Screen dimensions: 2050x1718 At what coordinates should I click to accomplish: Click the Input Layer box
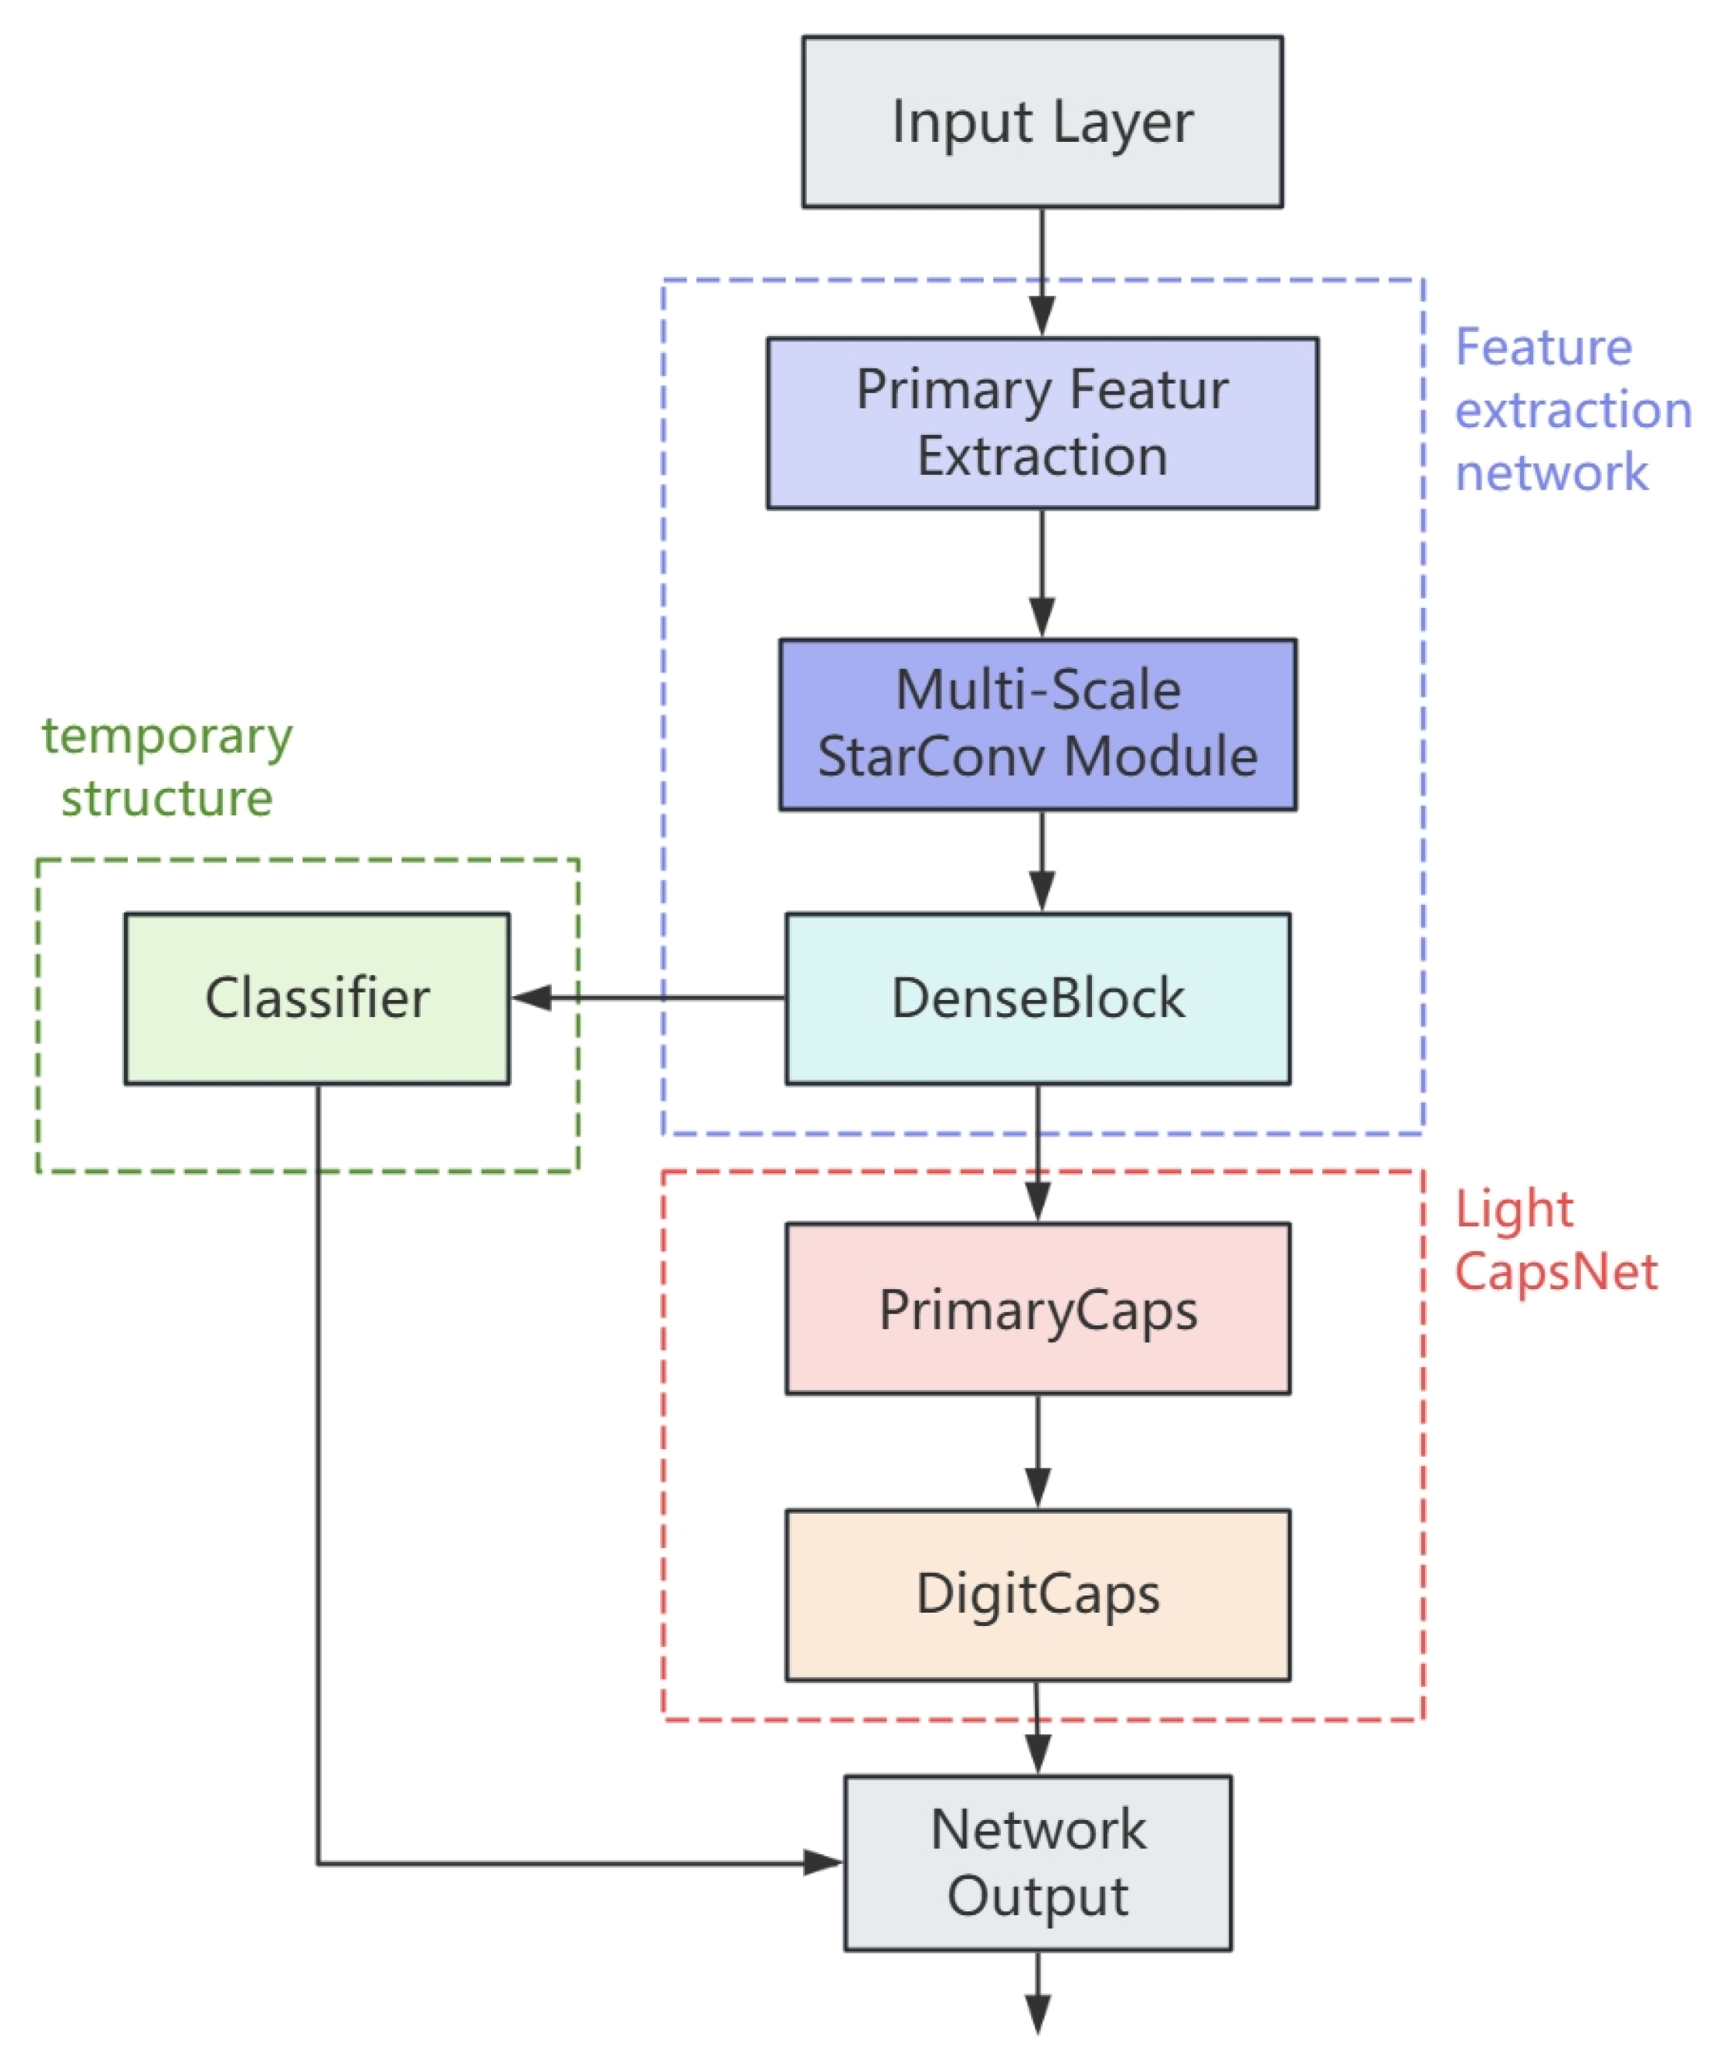1041,122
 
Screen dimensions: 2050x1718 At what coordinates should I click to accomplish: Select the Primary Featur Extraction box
1041,422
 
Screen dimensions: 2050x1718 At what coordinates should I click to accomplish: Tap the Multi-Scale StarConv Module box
1037,724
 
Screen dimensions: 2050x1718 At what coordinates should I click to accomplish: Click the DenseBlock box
1037,998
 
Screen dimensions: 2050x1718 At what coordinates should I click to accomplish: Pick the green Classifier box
316,998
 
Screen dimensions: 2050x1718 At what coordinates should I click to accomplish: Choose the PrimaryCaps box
1037,1308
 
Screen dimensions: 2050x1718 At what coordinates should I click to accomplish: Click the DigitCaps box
1037,1594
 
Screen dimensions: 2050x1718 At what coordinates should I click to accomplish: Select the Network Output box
1037,1863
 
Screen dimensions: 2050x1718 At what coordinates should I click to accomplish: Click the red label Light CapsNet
1554,1240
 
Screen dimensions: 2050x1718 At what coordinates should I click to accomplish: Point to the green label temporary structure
167,766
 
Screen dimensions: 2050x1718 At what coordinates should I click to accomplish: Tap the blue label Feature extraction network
1571,410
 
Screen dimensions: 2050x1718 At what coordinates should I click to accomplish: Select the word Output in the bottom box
1037,1896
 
